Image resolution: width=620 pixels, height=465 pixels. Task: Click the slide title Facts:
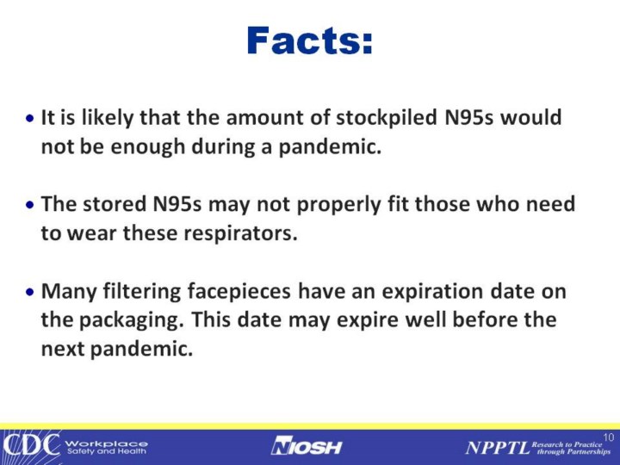click(x=310, y=40)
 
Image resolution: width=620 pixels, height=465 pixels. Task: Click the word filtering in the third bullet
click(x=141, y=292)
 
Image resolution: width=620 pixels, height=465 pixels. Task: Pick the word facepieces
click(x=239, y=292)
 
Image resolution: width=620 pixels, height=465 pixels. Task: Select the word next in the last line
click(x=63, y=349)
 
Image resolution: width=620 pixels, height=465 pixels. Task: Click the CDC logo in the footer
click(x=31, y=445)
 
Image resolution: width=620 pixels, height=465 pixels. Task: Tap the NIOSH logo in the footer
click(x=307, y=446)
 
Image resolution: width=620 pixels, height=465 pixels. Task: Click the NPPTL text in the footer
click(x=498, y=448)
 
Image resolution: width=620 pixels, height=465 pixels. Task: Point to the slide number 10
click(x=609, y=437)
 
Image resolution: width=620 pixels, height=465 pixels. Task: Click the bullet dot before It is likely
click(x=30, y=118)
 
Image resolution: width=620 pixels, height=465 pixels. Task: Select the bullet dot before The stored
click(x=30, y=205)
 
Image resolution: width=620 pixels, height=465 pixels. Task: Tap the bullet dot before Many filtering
click(x=30, y=292)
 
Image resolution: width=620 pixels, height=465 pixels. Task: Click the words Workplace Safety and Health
click(x=107, y=447)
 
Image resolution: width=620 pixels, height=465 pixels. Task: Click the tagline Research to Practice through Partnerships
click(x=571, y=448)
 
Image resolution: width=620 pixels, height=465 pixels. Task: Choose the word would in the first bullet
click(x=531, y=117)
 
